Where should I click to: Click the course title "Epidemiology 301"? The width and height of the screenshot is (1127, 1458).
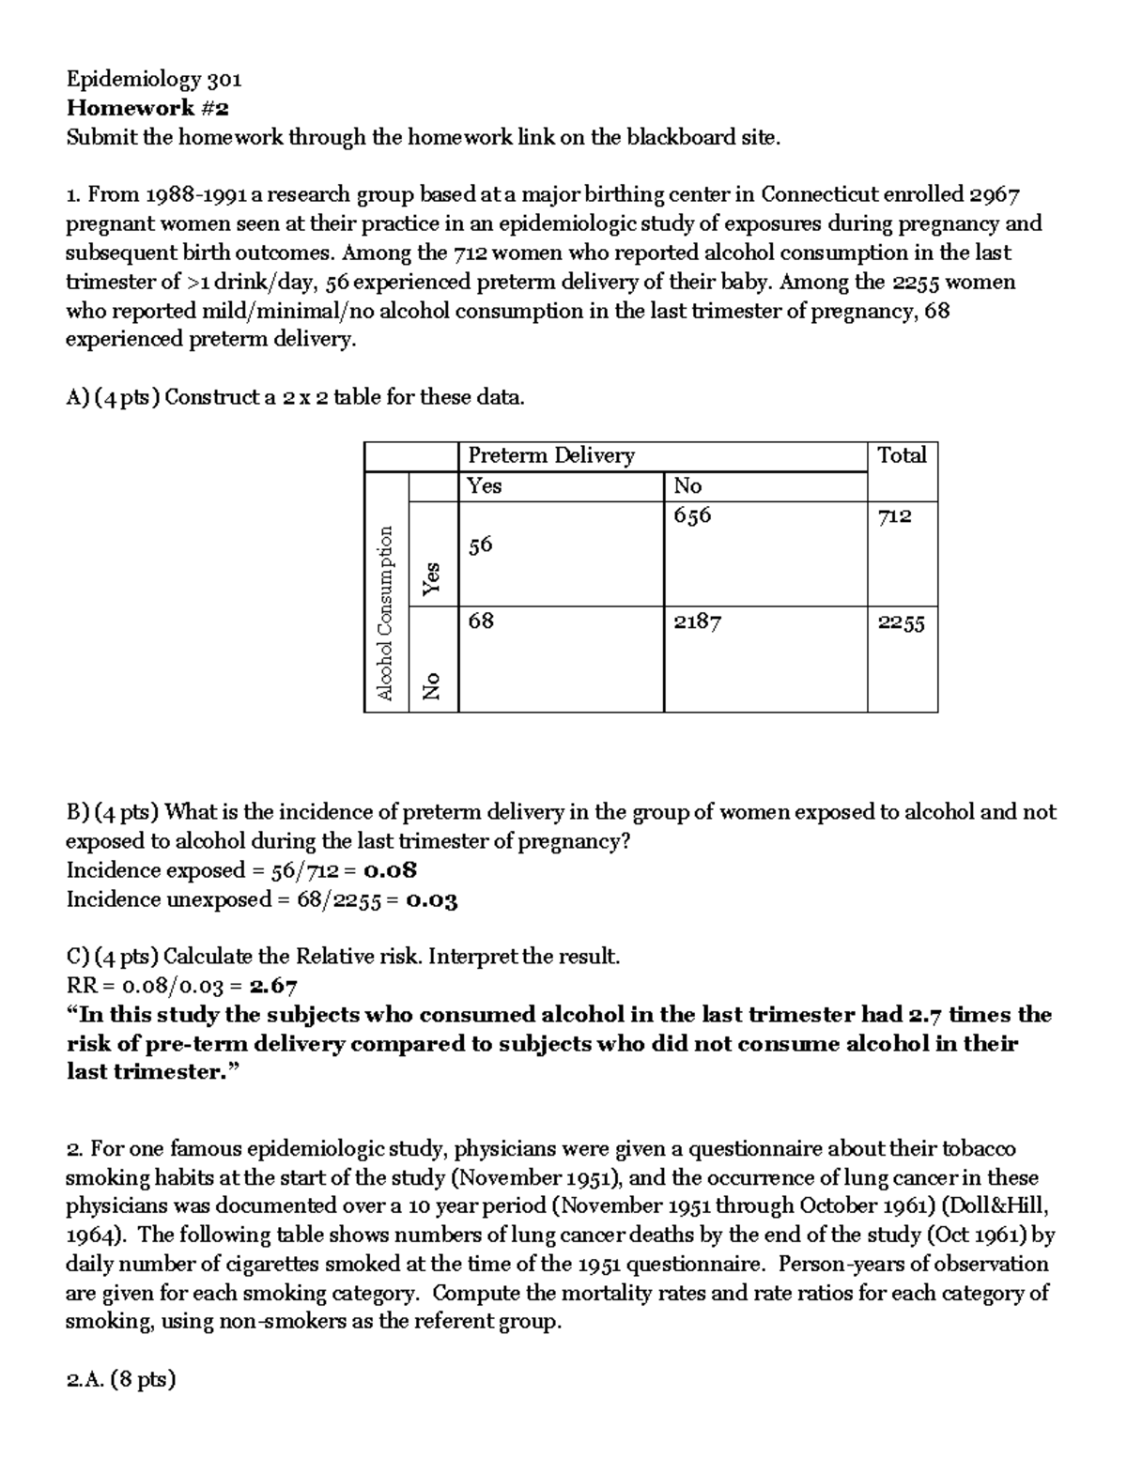tap(154, 79)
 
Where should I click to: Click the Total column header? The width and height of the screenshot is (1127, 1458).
tap(902, 455)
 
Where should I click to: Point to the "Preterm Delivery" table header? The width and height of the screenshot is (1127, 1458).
tap(551, 455)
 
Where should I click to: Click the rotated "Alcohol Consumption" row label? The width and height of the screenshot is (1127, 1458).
tap(384, 613)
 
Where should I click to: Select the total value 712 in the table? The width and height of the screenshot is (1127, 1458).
tap(894, 515)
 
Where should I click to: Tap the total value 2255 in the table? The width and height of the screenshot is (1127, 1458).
tap(901, 622)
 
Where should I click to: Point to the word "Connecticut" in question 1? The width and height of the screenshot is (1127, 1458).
tap(821, 194)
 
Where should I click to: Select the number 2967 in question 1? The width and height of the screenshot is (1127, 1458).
tap(995, 194)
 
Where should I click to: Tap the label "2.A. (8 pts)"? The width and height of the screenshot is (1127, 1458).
tap(120, 1379)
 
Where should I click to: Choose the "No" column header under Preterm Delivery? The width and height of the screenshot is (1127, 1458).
tap(687, 485)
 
